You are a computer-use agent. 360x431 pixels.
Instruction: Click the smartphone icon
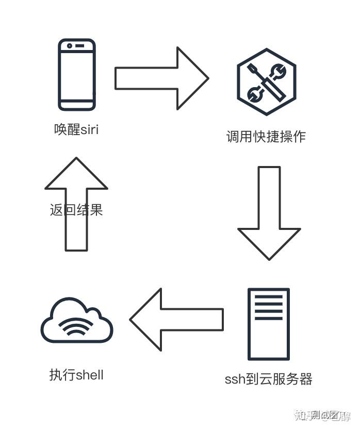pos(77,75)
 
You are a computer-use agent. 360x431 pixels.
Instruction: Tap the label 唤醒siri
pos(76,129)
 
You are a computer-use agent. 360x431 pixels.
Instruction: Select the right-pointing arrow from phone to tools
pos(161,78)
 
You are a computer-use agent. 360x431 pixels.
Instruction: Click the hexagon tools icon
pos(266,82)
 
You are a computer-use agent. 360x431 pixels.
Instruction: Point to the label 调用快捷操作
pos(266,137)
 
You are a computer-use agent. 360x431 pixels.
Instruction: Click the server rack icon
pos(269,324)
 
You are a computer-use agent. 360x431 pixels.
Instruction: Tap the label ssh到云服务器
pos(268,379)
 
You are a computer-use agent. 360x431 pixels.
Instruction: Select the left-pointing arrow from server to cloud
pos(176,320)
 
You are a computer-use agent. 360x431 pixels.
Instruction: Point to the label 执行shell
pos(76,375)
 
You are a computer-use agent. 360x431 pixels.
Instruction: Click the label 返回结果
pos(76,210)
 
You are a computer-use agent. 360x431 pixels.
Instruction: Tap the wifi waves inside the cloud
pos(77,326)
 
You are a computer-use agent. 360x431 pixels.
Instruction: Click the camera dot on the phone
pos(69,46)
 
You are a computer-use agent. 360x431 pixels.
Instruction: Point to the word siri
pos(90,129)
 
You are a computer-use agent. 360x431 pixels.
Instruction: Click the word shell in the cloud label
pos(90,375)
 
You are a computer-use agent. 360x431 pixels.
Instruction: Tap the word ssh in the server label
pos(235,379)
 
